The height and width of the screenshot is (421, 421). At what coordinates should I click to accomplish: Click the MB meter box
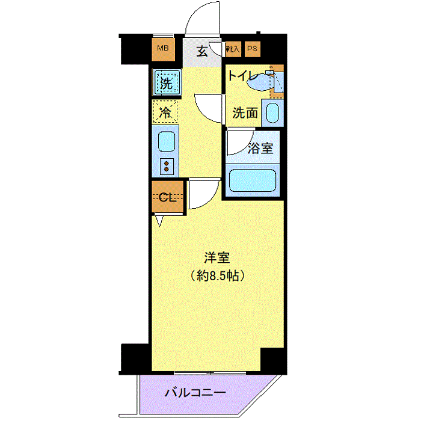pyautogui.click(x=163, y=49)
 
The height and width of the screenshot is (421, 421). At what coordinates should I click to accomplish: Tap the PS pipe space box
pyautogui.click(x=253, y=49)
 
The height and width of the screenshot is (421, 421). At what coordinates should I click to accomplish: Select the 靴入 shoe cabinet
pyautogui.click(x=233, y=49)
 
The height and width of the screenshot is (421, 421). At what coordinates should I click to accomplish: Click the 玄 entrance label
pyautogui.click(x=202, y=52)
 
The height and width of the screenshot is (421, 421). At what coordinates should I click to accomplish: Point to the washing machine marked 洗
pyautogui.click(x=167, y=82)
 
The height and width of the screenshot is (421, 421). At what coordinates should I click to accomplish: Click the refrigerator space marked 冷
pyautogui.click(x=165, y=112)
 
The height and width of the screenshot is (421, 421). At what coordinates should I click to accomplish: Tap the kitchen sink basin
pyautogui.click(x=167, y=141)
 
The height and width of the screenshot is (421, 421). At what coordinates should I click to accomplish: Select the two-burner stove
pyautogui.click(x=167, y=166)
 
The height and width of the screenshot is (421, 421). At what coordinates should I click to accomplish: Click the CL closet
pyautogui.click(x=168, y=197)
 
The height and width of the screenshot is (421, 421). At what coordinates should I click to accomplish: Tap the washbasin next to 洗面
pyautogui.click(x=272, y=113)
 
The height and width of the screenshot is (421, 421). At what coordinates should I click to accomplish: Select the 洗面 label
pyautogui.click(x=245, y=113)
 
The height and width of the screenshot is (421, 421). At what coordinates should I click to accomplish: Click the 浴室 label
pyautogui.click(x=260, y=148)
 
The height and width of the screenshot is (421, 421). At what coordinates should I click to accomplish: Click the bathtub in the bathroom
pyautogui.click(x=253, y=180)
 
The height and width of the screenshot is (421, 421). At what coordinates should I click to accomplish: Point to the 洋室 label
pyautogui.click(x=217, y=258)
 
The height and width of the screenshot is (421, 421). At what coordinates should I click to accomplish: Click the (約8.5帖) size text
pyautogui.click(x=218, y=275)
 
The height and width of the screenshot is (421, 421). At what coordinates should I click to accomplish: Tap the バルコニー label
pyautogui.click(x=195, y=393)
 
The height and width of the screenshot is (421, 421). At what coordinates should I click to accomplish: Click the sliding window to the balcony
pyautogui.click(x=210, y=373)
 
